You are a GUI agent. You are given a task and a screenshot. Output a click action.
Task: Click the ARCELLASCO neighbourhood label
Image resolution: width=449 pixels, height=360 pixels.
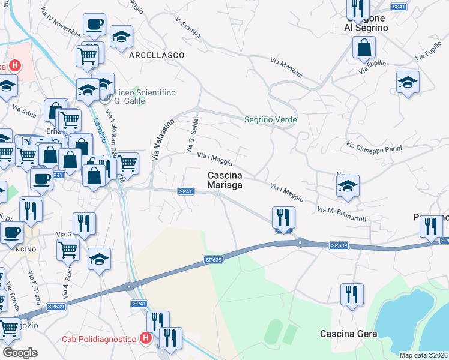point(156,55)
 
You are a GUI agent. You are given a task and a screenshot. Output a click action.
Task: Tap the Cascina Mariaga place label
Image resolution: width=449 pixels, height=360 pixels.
point(225,180)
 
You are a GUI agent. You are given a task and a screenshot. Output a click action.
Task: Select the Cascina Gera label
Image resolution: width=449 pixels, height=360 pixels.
point(348,334)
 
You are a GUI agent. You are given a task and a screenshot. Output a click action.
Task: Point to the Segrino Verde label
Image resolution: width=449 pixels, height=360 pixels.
point(270,120)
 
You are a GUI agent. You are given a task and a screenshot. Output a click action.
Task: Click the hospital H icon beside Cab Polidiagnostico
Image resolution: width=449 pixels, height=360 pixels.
point(145,339)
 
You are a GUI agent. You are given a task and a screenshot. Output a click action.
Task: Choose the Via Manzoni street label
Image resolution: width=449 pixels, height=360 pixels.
point(286,67)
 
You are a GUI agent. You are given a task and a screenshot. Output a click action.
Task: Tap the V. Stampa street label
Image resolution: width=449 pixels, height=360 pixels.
point(188,28)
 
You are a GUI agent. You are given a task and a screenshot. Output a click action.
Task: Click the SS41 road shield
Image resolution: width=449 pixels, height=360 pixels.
point(399,7)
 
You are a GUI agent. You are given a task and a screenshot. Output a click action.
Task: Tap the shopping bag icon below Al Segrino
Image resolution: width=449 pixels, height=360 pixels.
point(364,47)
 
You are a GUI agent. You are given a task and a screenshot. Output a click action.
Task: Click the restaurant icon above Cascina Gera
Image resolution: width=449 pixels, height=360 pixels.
point(351,295)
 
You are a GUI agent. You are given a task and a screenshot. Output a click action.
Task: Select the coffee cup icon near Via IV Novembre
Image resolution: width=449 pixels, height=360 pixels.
point(94,25)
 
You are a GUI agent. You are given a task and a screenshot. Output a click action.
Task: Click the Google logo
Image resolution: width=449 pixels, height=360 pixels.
point(20,353)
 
